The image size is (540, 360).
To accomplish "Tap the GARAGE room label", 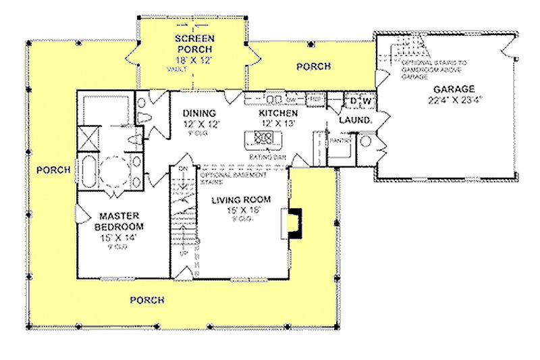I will tap(454, 88).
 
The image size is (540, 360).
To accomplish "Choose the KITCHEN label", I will tap(278, 113).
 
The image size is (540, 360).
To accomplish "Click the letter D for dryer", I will tap(352, 101).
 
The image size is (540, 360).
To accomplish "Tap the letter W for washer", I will tap(367, 101).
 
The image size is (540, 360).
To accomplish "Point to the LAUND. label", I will tap(356, 120).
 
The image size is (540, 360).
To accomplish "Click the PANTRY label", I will tap(337, 140).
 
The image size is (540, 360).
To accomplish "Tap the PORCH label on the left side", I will tap(53, 170).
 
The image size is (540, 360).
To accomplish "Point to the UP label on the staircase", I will tap(181, 253).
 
